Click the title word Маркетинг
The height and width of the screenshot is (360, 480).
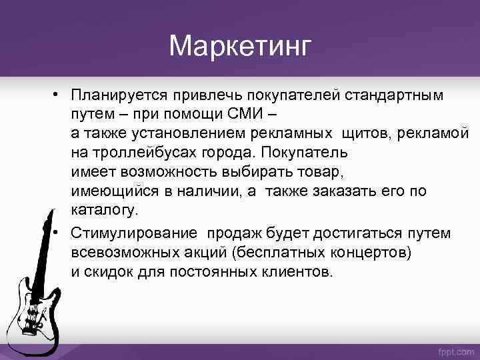(x=240, y=46)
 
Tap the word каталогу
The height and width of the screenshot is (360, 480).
(x=105, y=209)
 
